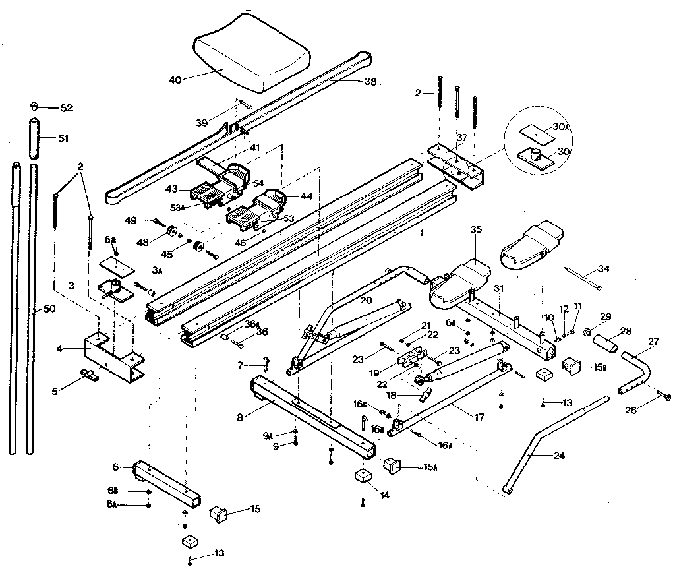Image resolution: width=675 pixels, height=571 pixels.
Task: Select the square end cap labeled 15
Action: [220, 513]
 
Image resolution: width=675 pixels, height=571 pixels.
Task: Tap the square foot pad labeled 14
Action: [362, 477]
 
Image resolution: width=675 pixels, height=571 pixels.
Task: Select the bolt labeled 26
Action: [665, 396]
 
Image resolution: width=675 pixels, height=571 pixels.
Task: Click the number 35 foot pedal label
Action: [477, 230]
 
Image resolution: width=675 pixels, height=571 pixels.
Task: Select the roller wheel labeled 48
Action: [170, 231]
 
